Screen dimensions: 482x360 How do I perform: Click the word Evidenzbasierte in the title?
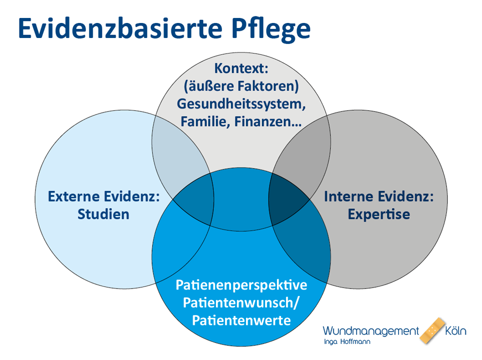120,28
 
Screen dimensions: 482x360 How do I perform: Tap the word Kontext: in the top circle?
241,68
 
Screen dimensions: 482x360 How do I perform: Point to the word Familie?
205,121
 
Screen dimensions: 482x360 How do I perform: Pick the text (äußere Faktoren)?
241,86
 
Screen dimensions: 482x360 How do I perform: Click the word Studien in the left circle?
103,214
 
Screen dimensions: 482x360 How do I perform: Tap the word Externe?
73,197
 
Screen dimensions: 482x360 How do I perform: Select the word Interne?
348,197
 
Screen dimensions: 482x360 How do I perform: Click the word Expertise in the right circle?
378,215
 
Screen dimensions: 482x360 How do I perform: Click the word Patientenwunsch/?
240,303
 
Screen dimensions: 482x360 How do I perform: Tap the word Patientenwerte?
241,320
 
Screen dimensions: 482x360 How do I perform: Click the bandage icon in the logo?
432,331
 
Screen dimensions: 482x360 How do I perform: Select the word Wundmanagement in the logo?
370,331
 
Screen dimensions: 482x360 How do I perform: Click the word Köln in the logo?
456,331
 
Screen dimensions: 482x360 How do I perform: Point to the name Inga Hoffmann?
347,341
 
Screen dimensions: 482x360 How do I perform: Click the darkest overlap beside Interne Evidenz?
287,200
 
